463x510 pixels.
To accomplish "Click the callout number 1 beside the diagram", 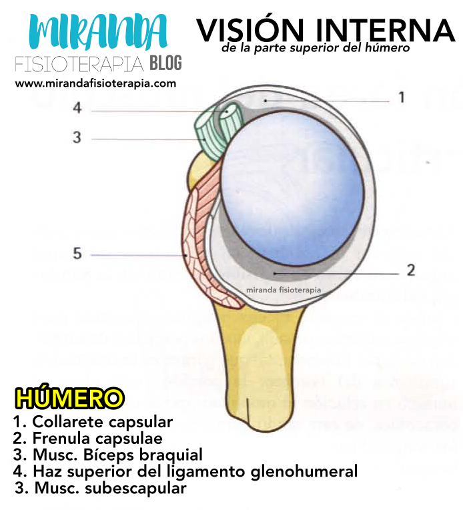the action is click(x=402, y=98).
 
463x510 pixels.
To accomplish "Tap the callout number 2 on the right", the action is click(x=410, y=270).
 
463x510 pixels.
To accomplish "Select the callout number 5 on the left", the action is click(x=77, y=254).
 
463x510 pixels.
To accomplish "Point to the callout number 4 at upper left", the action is click(x=77, y=107).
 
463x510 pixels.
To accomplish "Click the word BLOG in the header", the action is click(x=165, y=64).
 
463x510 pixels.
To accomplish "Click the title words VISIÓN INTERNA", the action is click(x=326, y=30).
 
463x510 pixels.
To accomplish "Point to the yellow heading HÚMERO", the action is click(x=69, y=399).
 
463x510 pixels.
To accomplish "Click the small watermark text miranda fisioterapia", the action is click(x=284, y=290).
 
